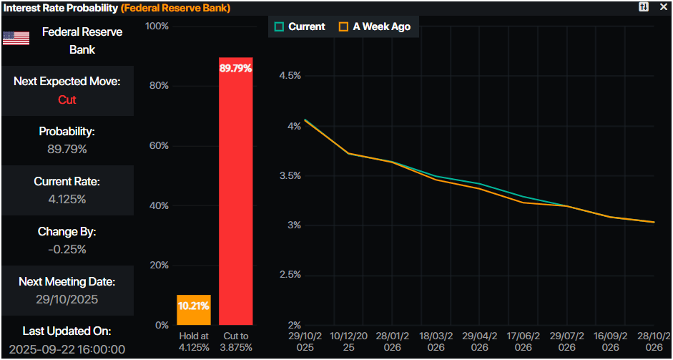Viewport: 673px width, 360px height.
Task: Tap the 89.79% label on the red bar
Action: point(235,69)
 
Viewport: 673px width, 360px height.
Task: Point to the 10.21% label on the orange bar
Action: point(194,305)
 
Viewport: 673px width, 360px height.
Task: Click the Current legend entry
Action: point(300,26)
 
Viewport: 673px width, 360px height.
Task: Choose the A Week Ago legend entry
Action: point(375,26)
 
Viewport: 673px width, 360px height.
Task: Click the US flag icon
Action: point(16,39)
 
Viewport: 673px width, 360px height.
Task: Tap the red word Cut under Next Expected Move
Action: point(67,100)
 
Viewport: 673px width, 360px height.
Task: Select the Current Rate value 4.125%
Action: point(67,200)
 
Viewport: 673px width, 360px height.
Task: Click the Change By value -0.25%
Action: point(67,250)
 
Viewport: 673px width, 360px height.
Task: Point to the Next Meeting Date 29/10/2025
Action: point(67,300)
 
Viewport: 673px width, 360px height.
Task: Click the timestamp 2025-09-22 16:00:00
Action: point(67,350)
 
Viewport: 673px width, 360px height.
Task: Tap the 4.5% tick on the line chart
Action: point(290,76)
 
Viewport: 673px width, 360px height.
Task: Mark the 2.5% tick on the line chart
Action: point(290,275)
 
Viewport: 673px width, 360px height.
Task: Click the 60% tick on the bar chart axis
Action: point(157,146)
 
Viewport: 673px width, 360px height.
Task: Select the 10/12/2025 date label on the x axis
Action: point(348,341)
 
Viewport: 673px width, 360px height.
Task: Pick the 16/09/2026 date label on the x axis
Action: point(610,341)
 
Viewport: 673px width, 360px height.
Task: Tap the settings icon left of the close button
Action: point(644,6)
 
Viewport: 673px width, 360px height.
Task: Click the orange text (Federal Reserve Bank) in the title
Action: point(176,7)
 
